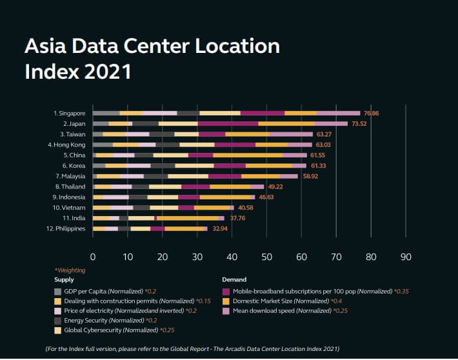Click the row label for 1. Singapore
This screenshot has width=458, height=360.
[69, 113]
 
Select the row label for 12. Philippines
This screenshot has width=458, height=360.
[66, 228]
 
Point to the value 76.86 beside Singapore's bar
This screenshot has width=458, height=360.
[371, 113]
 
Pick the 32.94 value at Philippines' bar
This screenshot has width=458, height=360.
[221, 228]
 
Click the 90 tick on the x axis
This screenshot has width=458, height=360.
[405, 256]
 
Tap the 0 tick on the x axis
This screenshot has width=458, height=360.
[93, 256]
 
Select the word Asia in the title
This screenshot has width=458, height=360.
[46, 46]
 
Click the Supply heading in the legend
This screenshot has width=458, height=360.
[64, 280]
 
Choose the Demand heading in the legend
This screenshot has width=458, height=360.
[234, 280]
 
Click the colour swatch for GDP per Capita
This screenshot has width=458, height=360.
[58, 291]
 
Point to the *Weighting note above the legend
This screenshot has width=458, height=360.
[70, 270]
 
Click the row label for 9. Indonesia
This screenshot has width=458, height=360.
[68, 197]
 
